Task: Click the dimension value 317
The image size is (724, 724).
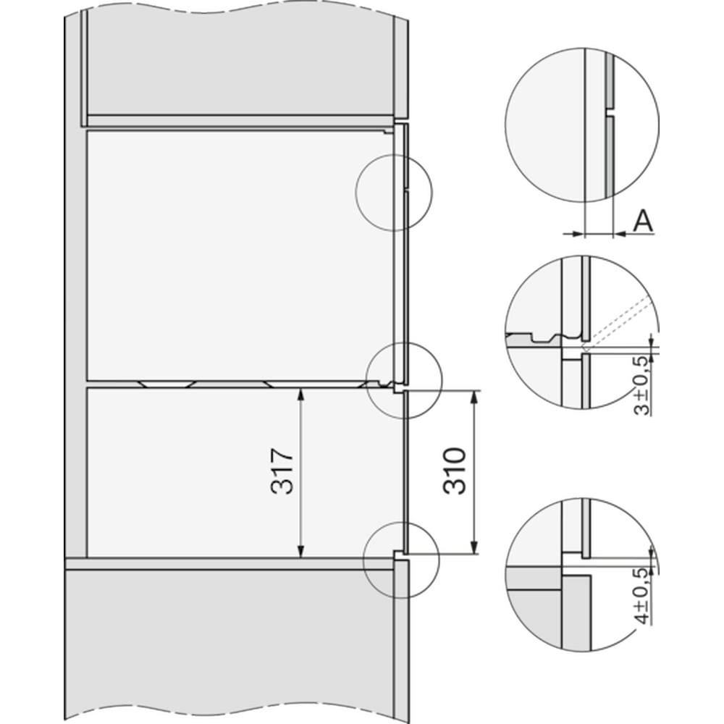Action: [x=282, y=471]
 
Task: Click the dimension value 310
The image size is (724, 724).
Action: [x=455, y=471]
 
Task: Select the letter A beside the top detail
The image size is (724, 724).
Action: [x=643, y=221]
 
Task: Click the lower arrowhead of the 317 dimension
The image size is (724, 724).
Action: [x=300, y=550]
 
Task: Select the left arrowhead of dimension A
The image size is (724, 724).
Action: [x=578, y=234]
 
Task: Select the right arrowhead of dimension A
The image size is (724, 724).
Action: [x=620, y=234]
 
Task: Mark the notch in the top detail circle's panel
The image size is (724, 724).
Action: [x=609, y=112]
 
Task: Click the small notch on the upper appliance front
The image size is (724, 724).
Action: [x=406, y=190]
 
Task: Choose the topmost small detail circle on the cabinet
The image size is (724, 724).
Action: [x=394, y=193]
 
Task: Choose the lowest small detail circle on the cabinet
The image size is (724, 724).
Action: [x=401, y=560]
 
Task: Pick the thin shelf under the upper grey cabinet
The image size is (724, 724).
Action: [x=240, y=120]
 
